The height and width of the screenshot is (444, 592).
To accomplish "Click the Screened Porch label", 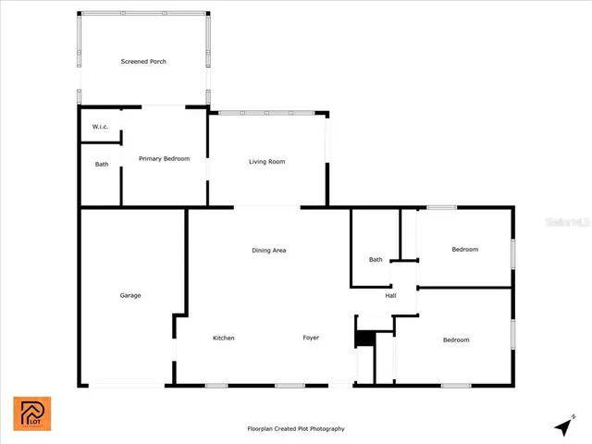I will (143, 62).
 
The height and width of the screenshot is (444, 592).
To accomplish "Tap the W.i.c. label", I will (100, 127).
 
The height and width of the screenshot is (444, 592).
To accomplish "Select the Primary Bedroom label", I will (164, 159).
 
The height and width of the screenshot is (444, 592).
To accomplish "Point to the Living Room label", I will (266, 162).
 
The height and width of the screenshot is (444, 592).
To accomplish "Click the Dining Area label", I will (269, 251).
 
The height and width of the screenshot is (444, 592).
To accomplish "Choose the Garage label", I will (129, 295).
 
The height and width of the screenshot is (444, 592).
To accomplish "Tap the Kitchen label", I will (223, 338).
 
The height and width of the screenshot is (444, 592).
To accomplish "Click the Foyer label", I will (311, 338).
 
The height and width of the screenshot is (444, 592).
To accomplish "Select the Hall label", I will (390, 296).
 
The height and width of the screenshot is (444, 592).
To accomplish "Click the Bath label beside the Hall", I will (376, 260).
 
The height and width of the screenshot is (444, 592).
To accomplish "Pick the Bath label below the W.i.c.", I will (102, 165).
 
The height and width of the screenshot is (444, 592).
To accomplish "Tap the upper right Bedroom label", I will (464, 250).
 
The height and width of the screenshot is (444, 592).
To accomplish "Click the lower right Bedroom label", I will (456, 340).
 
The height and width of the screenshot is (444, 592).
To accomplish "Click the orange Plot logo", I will (31, 413).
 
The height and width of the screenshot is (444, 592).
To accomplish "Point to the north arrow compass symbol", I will (562, 425).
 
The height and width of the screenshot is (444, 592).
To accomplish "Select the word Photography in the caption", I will (326, 429).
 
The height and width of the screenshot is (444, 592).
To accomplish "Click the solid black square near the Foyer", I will (364, 339).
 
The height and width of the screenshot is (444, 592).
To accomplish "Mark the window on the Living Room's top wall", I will (266, 113).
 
